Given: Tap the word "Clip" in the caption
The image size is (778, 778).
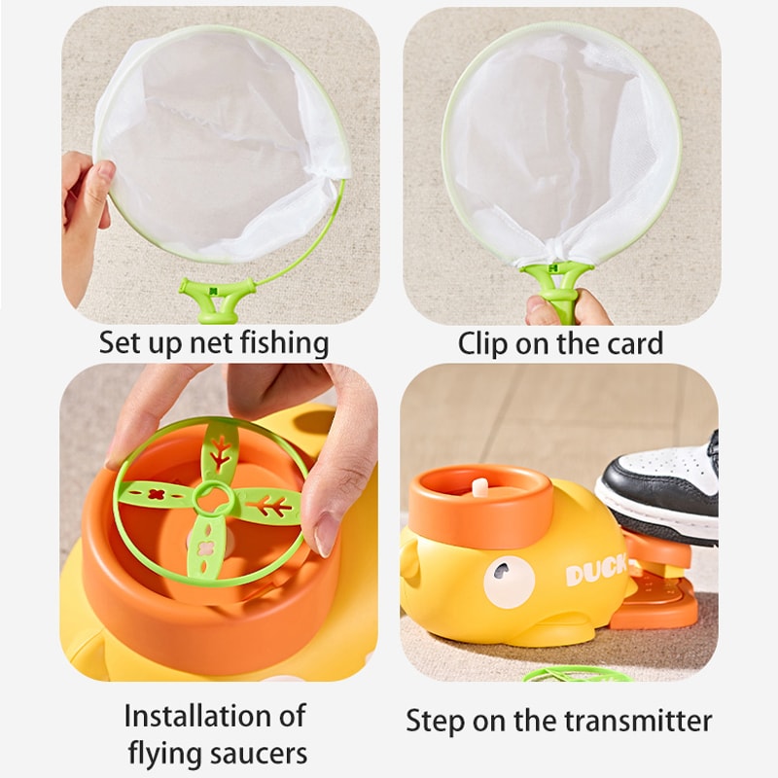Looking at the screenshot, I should tap(481, 342).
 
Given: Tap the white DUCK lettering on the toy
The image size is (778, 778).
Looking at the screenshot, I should tap(595, 574).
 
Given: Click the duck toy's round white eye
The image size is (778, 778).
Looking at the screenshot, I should tap(509, 583).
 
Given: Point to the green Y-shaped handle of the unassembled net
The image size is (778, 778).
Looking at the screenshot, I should tap(215, 296).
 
